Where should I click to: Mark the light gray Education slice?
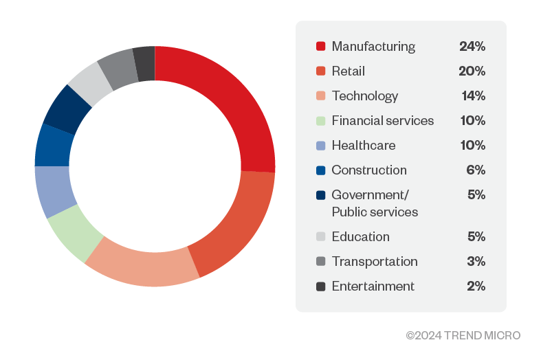pos(91,82)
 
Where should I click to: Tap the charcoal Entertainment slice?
pos(144,64)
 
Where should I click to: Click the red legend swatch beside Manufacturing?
pos(320,47)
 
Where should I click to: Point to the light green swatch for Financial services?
pos(320,121)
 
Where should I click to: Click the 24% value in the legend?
pos(472,47)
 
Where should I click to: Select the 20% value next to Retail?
pos(472,71)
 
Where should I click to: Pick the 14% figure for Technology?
pos(473,96)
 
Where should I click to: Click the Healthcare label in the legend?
pos(364,146)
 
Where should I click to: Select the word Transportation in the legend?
pos(375,262)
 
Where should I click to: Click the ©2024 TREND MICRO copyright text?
pos(463,335)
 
